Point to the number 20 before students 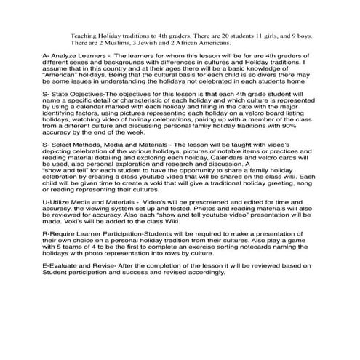point(229,34)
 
